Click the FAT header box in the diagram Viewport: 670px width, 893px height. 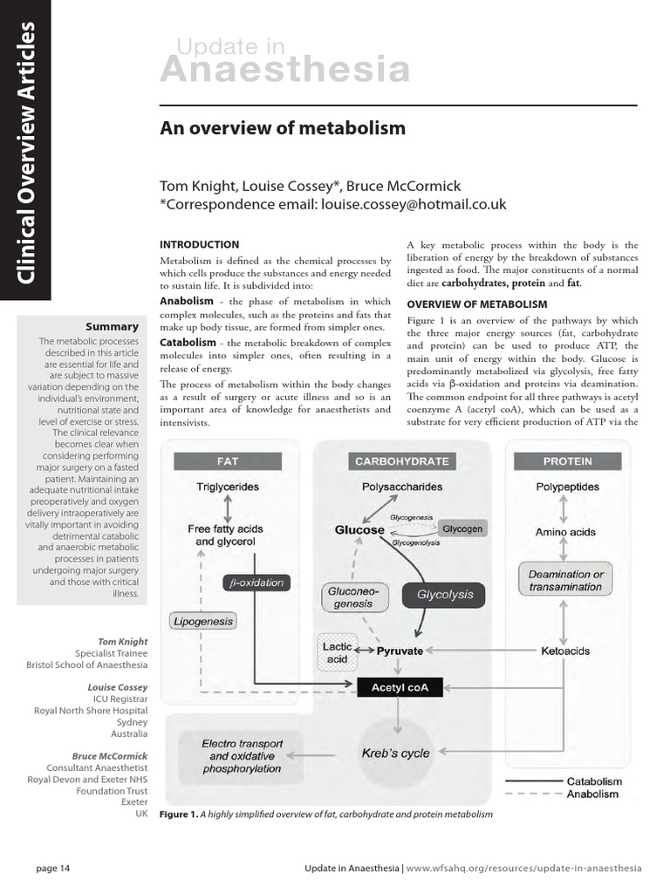pos(226,460)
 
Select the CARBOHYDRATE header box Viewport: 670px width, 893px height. pos(401,460)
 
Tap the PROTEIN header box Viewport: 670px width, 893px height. pos(566,460)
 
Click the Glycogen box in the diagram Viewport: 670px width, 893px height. pos(461,529)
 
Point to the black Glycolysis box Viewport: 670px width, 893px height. pos(445,595)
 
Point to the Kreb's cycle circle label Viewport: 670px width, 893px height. pos(396,753)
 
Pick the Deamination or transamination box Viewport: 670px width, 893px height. pos(565,581)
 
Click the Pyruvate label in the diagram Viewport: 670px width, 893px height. pos(400,651)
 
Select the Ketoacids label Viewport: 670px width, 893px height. pos(565,651)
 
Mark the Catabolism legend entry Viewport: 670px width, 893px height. pos(594,781)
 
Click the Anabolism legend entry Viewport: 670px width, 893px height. pos(592,794)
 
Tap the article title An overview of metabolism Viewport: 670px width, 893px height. pos(283,128)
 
